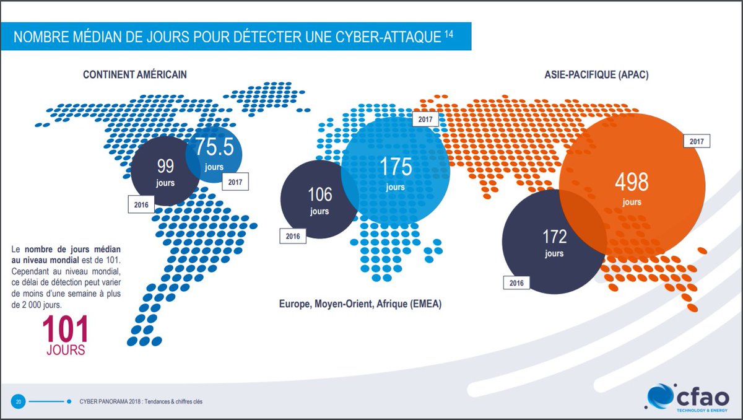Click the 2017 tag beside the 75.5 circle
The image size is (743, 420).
point(235,183)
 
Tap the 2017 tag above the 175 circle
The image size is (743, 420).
point(426,119)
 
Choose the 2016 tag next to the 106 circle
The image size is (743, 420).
point(293,236)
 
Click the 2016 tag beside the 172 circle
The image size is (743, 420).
point(516,282)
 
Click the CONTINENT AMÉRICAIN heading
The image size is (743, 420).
point(135,75)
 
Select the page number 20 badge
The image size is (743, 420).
point(19,401)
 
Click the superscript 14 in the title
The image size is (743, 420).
point(448,33)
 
